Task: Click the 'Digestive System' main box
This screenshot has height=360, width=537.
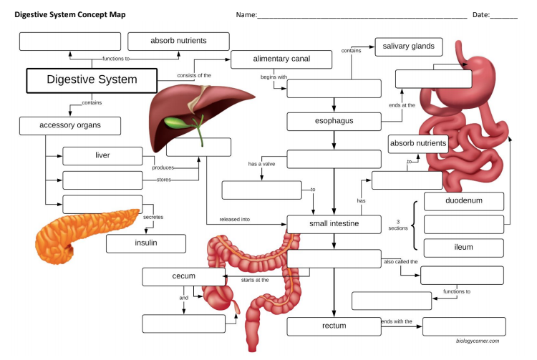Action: click(91, 80)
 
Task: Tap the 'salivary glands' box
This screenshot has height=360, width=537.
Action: click(408, 47)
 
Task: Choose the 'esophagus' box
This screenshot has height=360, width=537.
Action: click(334, 122)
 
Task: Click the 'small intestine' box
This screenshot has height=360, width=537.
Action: click(334, 224)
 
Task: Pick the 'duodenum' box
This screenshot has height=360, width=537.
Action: click(463, 201)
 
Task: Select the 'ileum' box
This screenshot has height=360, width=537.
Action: click(463, 248)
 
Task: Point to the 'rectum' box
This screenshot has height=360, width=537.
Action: click(334, 326)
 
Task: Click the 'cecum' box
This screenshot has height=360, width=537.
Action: click(184, 276)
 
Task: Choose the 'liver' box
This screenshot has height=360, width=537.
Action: click(102, 155)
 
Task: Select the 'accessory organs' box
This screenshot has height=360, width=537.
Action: click(69, 126)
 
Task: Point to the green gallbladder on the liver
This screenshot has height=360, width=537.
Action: click(175, 121)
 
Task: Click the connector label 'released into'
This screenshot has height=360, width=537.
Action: click(234, 220)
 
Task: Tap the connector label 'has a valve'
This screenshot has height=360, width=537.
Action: click(263, 164)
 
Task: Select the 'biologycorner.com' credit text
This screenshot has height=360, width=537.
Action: click(478, 341)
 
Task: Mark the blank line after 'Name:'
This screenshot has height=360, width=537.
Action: click(362, 16)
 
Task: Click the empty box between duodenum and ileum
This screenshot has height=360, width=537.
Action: click(463, 224)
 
